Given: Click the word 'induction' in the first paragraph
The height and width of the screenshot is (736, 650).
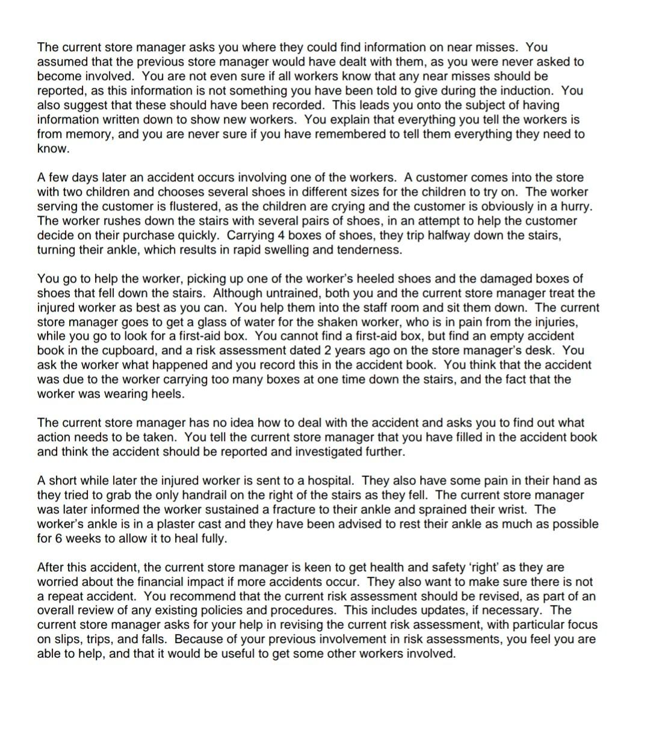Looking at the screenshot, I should click(529, 90).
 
